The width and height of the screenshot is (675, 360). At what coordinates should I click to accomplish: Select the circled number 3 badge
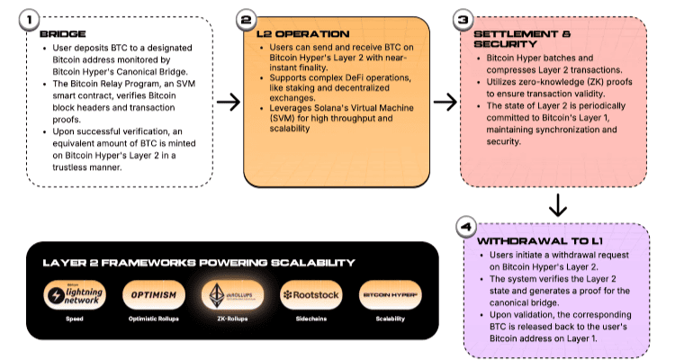[x=463, y=19]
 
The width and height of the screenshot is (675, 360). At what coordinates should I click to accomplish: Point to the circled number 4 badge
[x=463, y=228]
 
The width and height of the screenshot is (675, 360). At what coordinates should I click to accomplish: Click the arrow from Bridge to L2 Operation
[x=229, y=102]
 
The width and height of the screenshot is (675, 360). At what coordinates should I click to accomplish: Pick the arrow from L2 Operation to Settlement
[x=445, y=102]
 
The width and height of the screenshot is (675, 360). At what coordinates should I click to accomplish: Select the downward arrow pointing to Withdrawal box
[x=558, y=205]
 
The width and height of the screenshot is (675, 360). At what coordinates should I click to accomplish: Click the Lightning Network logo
[x=76, y=294]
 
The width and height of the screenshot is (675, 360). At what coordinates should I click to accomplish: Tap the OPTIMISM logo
[x=154, y=294]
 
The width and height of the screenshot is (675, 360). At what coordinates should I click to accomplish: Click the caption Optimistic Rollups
[x=154, y=319]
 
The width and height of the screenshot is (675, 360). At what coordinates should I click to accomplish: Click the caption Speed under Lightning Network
[x=76, y=319]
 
